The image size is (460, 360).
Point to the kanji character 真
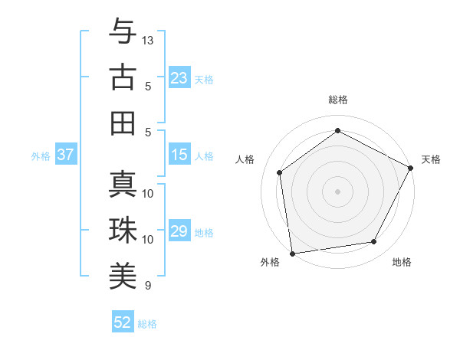pyautogui.click(x=122, y=184)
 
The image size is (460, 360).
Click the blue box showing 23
pyautogui.click(x=179, y=77)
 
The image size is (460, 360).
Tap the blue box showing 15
pyautogui.click(x=179, y=155)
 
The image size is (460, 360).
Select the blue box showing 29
pyautogui.click(x=179, y=231)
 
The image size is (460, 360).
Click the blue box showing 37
pyautogui.click(x=65, y=155)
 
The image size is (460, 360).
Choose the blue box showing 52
pyautogui.click(x=123, y=322)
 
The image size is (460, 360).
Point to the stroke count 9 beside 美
pyautogui.click(x=148, y=286)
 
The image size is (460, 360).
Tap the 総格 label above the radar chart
pyautogui.click(x=337, y=100)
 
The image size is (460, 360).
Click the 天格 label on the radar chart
pyautogui.click(x=432, y=159)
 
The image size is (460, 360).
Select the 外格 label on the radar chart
pyautogui.click(x=270, y=262)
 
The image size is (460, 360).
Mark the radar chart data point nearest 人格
pyautogui.click(x=280, y=172)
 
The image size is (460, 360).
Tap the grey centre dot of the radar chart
pyautogui.click(x=337, y=191)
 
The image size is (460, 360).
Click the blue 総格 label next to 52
pyautogui.click(x=147, y=324)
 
